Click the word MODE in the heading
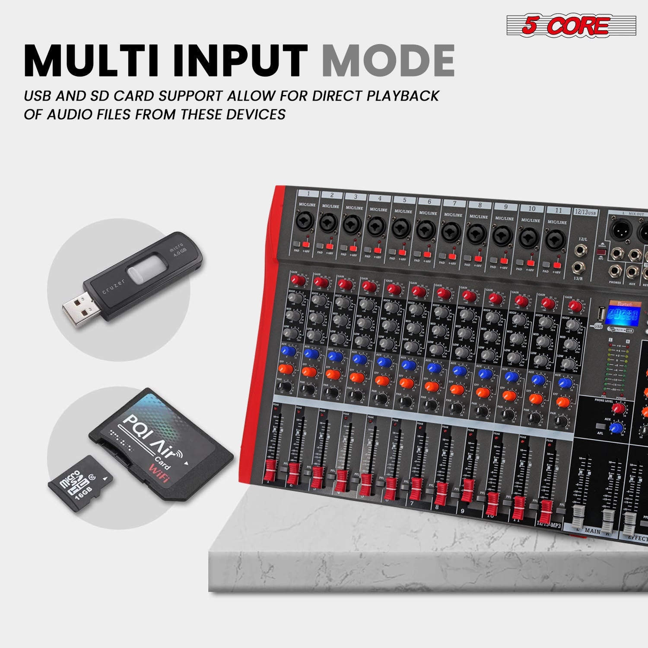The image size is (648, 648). click(388, 60)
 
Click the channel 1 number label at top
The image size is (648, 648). click(308, 194)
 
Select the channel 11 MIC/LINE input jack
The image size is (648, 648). click(556, 240)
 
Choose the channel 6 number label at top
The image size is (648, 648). click(429, 201)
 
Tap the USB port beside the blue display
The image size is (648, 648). click(598, 313)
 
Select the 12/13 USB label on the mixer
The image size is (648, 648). click(586, 212)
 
